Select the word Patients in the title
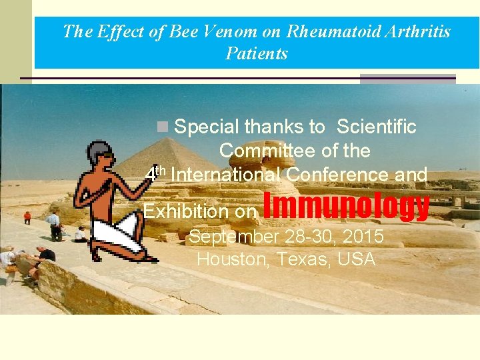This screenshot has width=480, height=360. [x=257, y=53]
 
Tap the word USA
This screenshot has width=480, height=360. [x=357, y=259]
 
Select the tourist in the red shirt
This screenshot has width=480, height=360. [x=27, y=217]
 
